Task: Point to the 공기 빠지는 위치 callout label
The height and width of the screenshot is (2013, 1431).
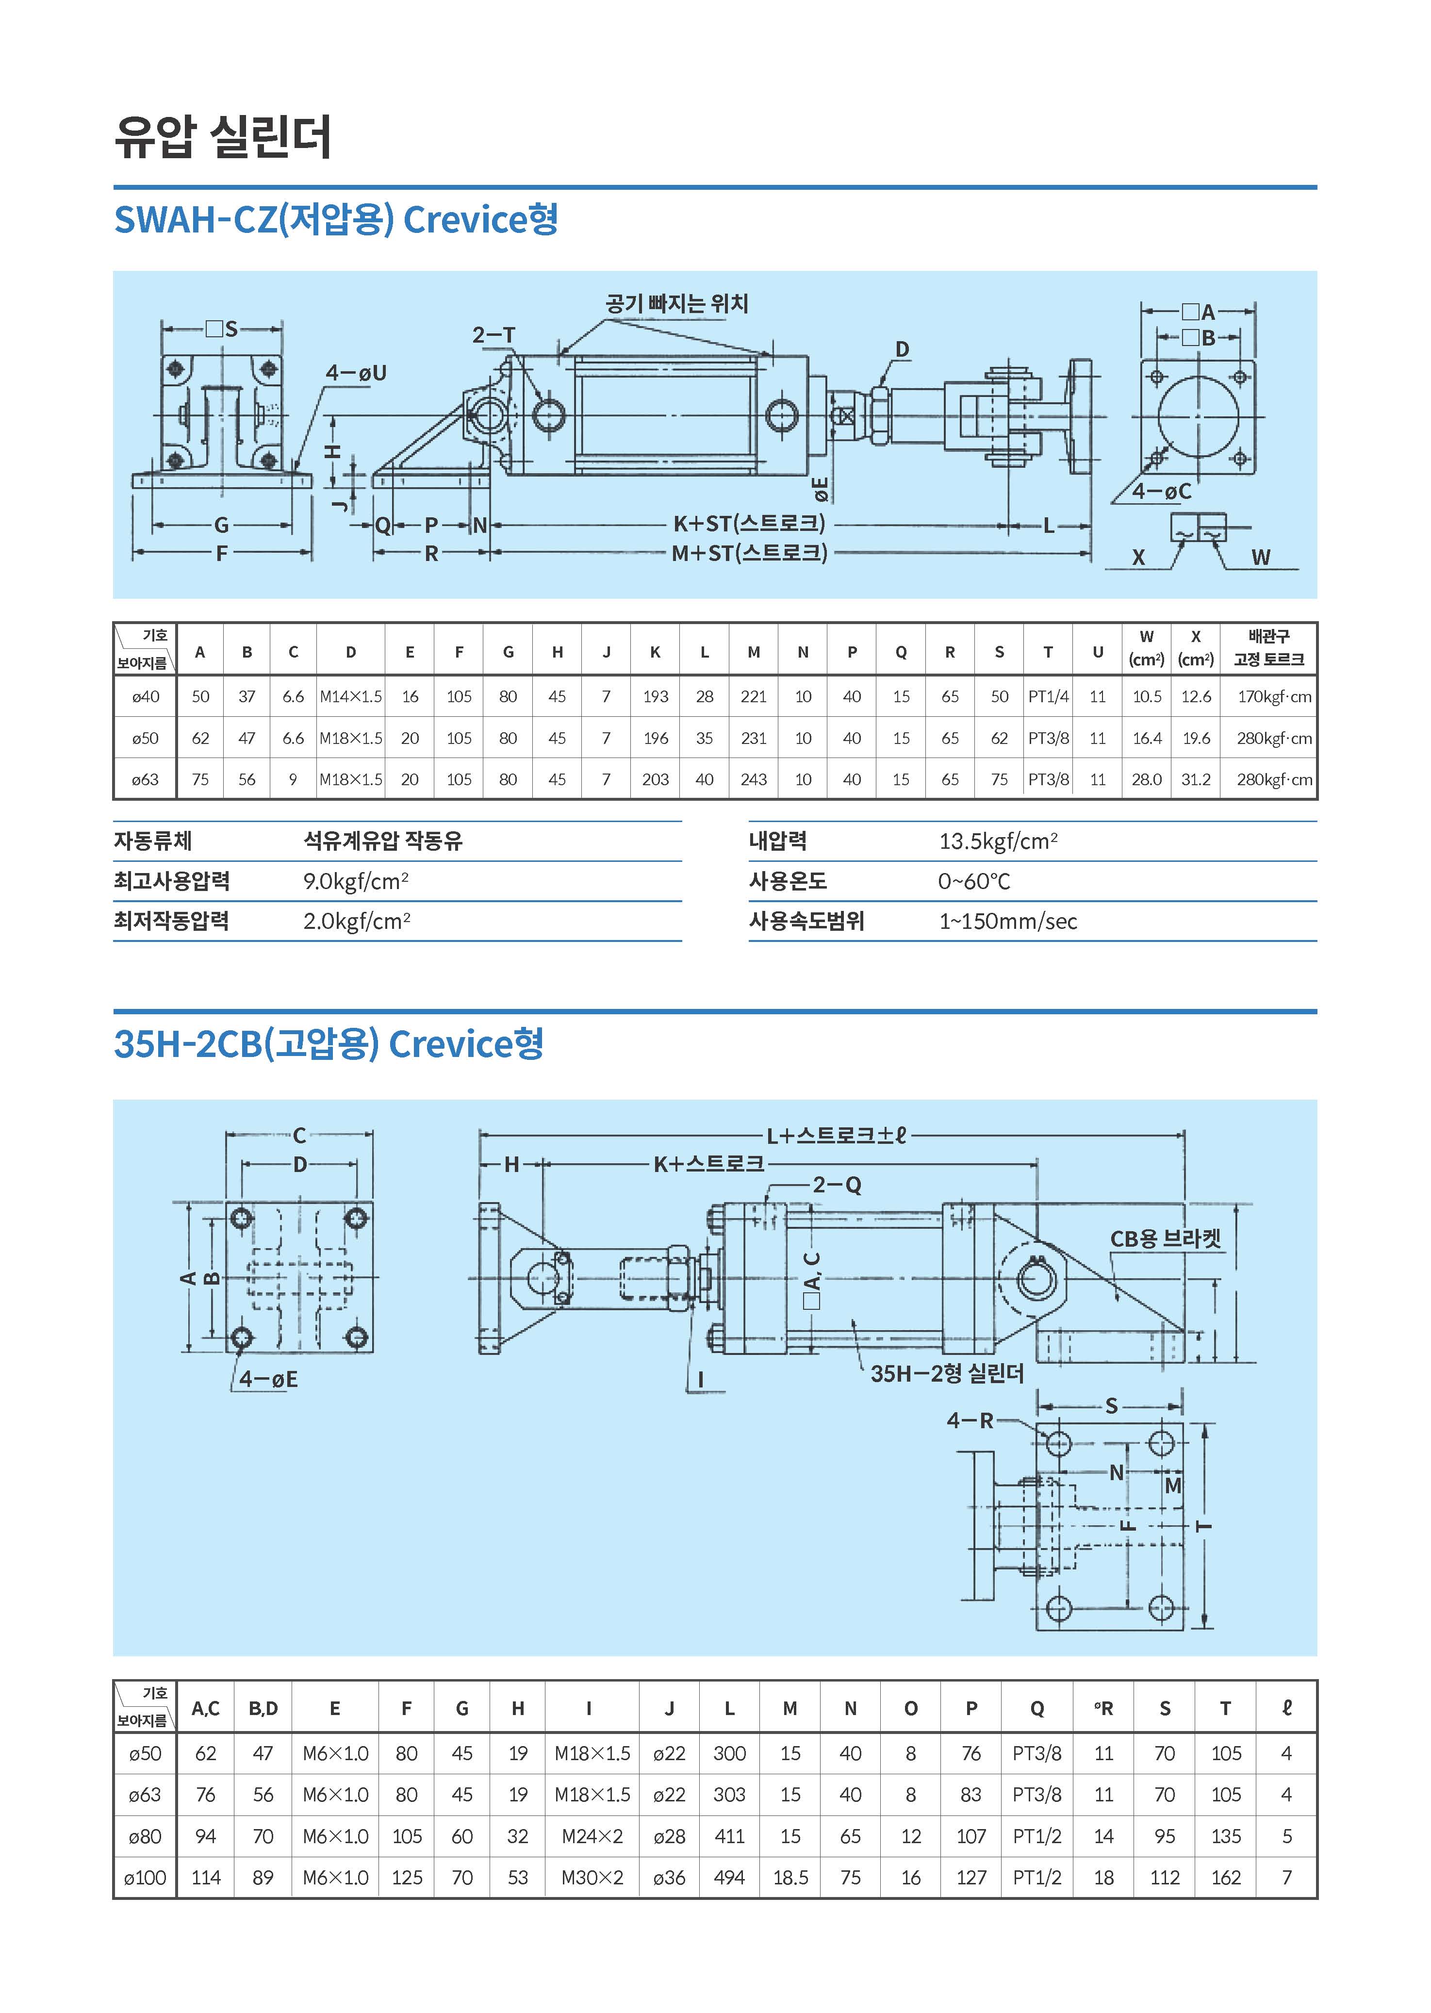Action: point(676,304)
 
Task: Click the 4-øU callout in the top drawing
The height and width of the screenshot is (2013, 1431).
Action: point(356,373)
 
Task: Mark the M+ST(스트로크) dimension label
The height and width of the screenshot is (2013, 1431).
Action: point(749,554)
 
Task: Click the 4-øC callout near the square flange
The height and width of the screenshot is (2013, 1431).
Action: point(1161,492)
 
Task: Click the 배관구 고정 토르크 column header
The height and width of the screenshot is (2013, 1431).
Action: point(1268,648)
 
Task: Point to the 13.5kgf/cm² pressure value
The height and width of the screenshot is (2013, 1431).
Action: point(998,841)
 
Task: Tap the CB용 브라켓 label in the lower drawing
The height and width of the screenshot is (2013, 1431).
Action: point(1165,1239)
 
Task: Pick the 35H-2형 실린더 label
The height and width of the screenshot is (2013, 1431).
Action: point(946,1374)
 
